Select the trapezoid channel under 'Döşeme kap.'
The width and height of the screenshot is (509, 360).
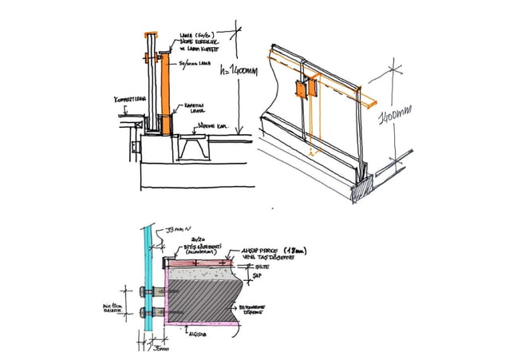(x=195, y=147)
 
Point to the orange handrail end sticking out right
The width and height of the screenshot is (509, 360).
(x=368, y=101)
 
